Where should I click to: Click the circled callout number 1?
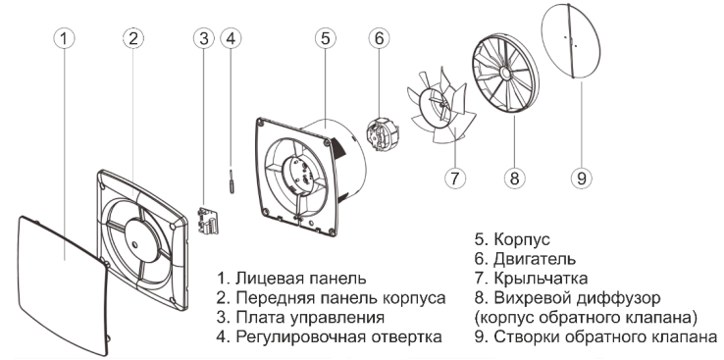[x=65, y=38]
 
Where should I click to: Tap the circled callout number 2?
[x=133, y=38]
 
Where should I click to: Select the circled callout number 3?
[x=204, y=38]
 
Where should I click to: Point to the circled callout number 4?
[x=231, y=38]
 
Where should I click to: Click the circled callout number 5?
[x=326, y=38]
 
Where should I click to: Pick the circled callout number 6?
[x=379, y=38]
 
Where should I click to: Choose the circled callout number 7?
[x=455, y=178]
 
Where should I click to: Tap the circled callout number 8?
[x=514, y=178]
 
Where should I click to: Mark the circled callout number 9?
[x=582, y=178]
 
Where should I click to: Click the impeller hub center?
[x=441, y=105]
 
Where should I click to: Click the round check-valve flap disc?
[x=571, y=41]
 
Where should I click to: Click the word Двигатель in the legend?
[x=535, y=259]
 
